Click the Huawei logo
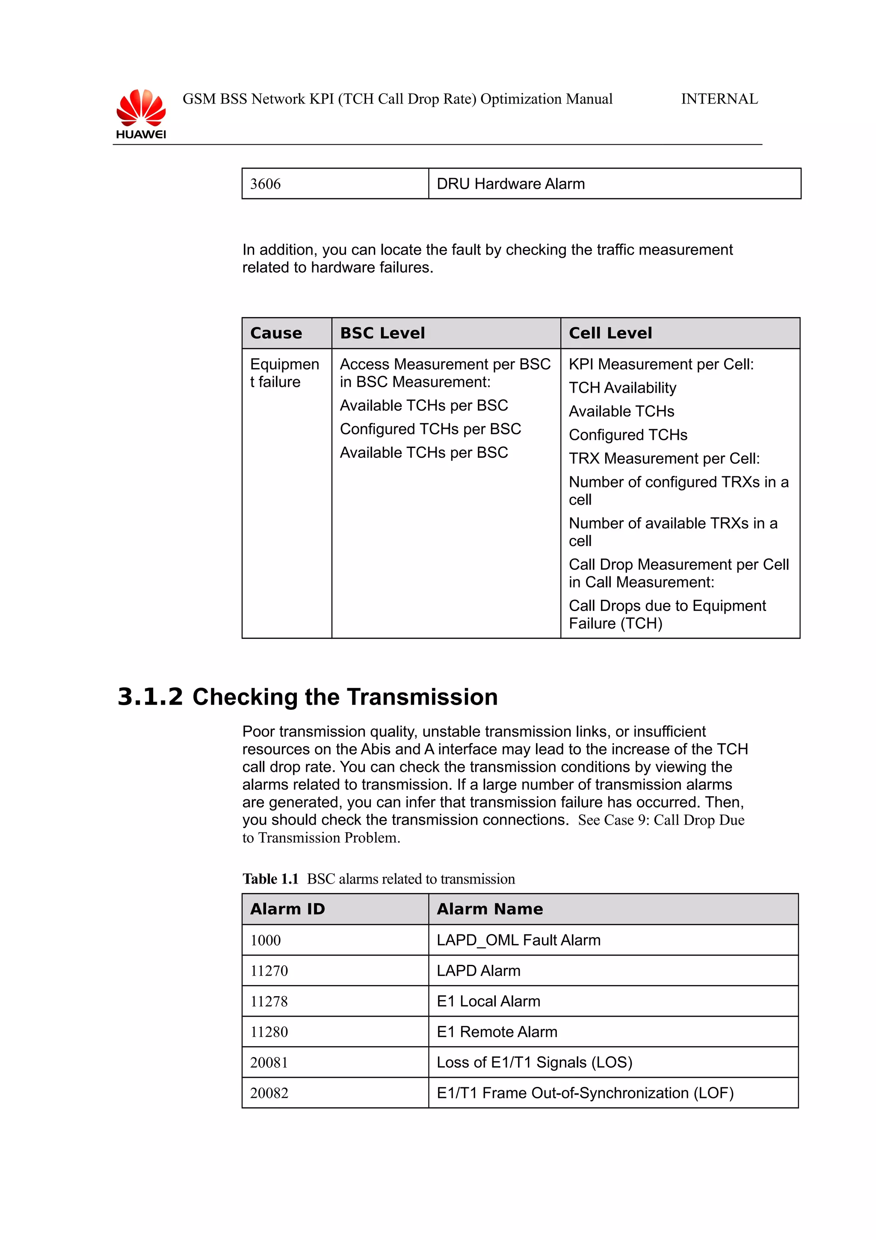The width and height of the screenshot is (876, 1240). pyautogui.click(x=141, y=114)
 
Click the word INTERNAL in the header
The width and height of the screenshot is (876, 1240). pyautogui.click(x=719, y=99)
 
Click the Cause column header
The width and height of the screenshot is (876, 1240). pyautogui.click(x=276, y=333)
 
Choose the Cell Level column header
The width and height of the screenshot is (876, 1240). pyautogui.click(x=610, y=333)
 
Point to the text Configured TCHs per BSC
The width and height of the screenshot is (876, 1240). pyautogui.click(x=430, y=429)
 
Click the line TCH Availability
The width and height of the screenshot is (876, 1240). pyautogui.click(x=622, y=388)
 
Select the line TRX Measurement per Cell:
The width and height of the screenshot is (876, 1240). pyautogui.click(x=664, y=459)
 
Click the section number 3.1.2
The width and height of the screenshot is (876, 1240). pyautogui.click(x=150, y=697)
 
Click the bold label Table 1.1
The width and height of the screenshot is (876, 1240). pyautogui.click(x=270, y=879)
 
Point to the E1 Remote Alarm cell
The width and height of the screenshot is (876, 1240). pyautogui.click(x=497, y=1032)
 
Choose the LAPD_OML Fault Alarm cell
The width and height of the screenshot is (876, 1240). pyautogui.click(x=518, y=940)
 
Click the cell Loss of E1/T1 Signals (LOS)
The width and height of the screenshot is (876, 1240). pyautogui.click(x=534, y=1063)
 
